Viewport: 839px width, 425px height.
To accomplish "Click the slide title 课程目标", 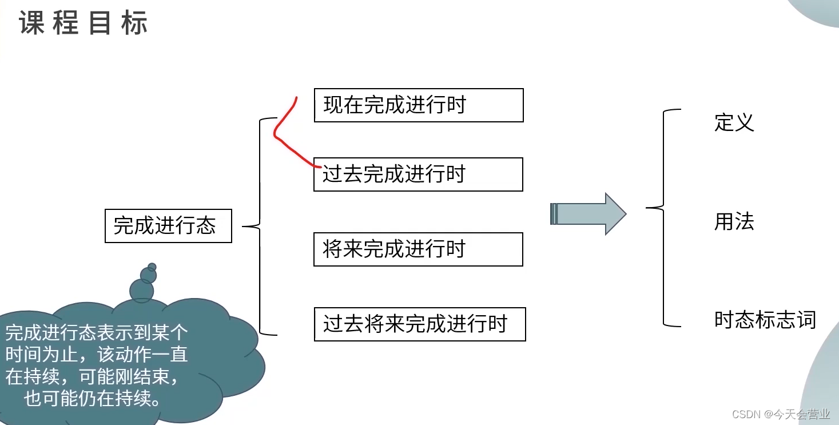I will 83,23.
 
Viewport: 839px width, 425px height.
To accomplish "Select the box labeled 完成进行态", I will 168,226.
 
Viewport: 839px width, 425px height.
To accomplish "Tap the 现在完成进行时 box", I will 418,105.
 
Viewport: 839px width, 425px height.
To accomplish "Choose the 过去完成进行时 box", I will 417,174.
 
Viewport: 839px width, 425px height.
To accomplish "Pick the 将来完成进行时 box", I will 417,249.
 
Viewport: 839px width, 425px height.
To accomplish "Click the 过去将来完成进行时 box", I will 419,324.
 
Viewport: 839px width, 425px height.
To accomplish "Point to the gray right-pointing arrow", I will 588,214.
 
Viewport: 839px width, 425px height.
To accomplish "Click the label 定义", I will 734,122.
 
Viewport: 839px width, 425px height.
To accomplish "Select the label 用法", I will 734,221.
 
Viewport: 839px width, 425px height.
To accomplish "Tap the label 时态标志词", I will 765,320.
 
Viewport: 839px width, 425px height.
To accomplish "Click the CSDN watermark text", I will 781,414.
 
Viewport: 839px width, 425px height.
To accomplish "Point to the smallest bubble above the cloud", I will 152,267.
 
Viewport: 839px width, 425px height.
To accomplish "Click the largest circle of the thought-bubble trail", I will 141,291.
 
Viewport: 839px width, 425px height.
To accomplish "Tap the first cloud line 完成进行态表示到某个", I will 96,332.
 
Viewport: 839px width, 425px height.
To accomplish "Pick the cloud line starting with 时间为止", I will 96,355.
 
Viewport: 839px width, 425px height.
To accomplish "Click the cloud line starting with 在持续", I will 96,377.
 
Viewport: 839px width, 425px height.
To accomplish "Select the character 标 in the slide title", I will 134,23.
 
